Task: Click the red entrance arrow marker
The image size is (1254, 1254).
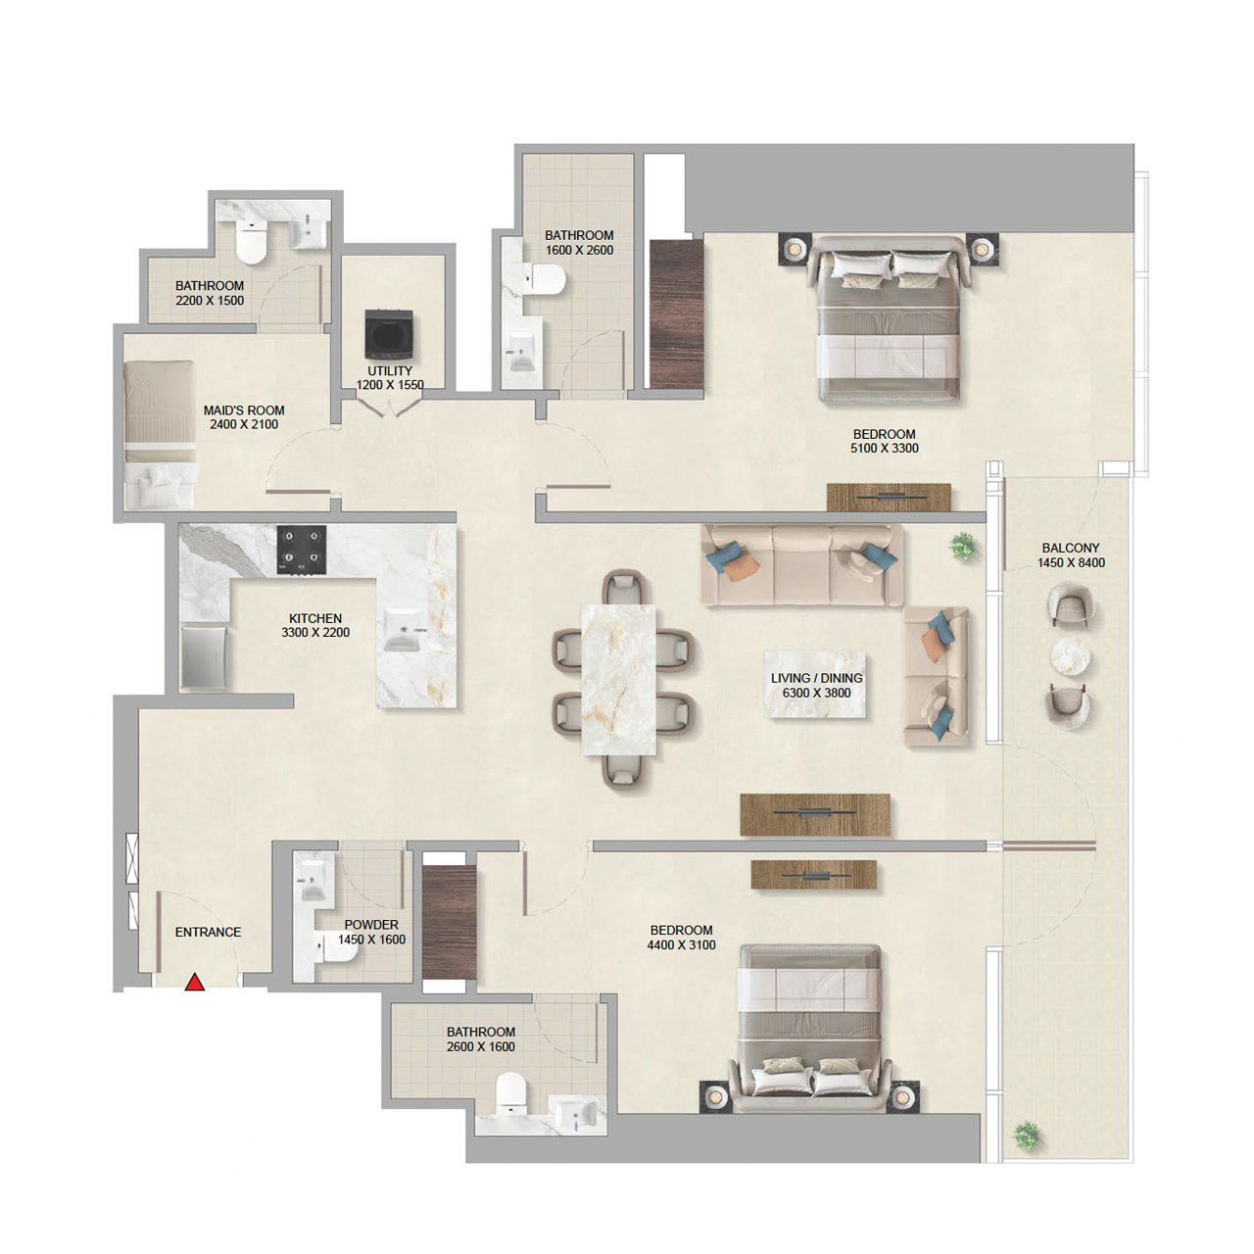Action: tap(195, 982)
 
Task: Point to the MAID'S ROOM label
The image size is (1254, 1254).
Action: tap(244, 410)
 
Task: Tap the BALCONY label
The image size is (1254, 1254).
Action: tap(1071, 549)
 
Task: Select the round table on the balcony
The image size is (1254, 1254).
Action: tap(1070, 656)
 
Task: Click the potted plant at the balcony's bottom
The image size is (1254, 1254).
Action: tap(1026, 1135)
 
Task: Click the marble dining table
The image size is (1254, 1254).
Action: tap(618, 679)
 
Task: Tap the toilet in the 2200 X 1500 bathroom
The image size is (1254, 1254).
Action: tap(252, 244)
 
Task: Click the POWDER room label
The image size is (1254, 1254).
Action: tap(371, 925)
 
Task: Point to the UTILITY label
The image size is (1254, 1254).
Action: tap(390, 371)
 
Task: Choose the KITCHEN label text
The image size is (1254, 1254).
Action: tap(315, 618)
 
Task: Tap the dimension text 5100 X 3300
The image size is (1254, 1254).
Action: tap(885, 449)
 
